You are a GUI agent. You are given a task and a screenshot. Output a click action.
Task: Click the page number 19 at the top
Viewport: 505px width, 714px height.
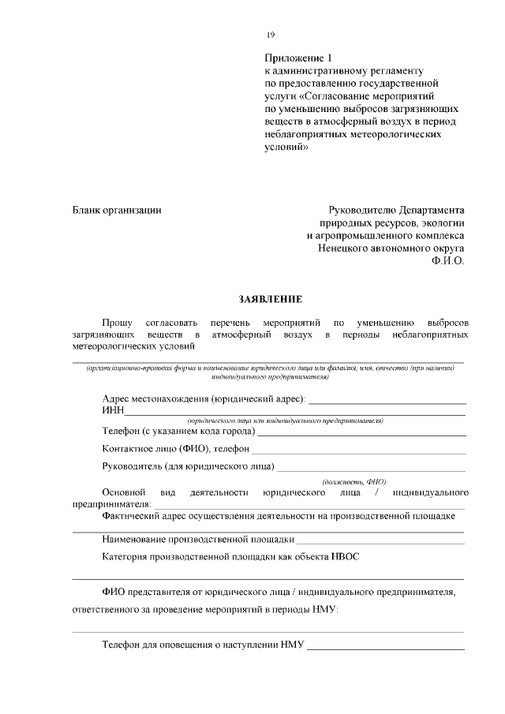271,35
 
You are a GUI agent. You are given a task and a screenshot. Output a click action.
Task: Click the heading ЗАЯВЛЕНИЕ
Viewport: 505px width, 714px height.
270,299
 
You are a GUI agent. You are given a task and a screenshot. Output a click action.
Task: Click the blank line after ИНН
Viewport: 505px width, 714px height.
295,413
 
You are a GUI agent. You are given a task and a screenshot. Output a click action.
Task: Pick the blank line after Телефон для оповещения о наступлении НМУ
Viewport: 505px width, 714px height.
386,649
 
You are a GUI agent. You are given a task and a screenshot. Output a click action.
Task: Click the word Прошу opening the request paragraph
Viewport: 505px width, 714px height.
117,323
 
